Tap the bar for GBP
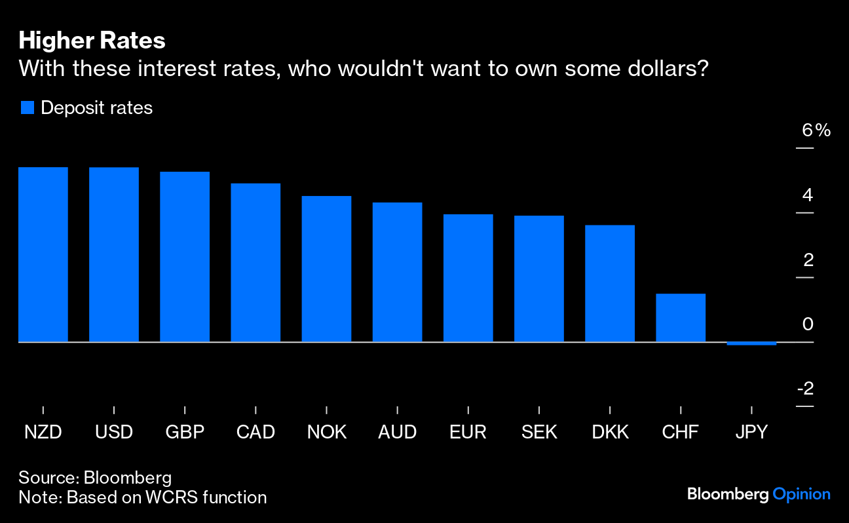tap(185, 257)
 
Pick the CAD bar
tap(255, 262)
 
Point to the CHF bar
tap(681, 318)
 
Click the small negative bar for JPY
tap(751, 343)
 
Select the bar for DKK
tap(610, 283)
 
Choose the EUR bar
tap(468, 278)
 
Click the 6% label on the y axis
tap(816, 130)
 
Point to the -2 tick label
tap(805, 389)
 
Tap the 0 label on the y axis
tap(808, 324)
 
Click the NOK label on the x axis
tap(326, 433)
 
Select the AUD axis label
tap(397, 433)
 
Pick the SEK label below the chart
tap(539, 433)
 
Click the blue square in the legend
tap(27, 108)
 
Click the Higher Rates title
tap(92, 41)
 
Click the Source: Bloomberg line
tap(95, 476)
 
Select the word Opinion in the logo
tap(801, 494)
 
